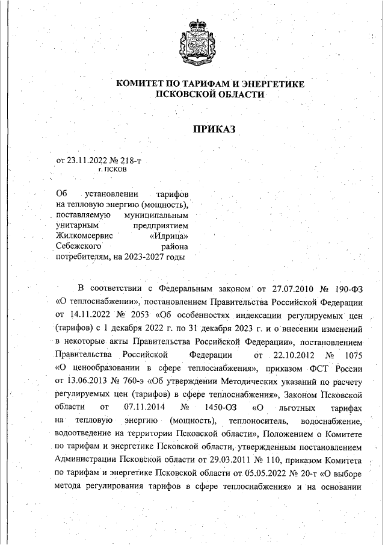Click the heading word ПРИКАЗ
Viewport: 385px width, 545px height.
pyautogui.click(x=212, y=128)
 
